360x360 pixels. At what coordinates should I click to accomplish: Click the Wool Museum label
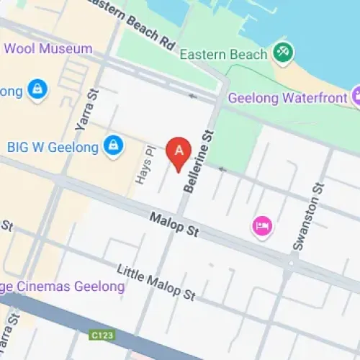coord(49,48)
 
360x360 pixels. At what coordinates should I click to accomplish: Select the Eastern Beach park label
coord(224,54)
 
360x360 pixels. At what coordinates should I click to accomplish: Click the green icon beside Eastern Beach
coord(282,53)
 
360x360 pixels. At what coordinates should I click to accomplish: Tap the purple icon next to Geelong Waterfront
coord(356,96)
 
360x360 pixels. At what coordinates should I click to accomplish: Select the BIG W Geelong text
coord(52,146)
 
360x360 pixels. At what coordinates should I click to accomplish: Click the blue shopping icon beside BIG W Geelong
coord(112,145)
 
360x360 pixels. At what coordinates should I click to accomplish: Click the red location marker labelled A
coord(179,150)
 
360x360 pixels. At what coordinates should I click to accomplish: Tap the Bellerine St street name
coord(199,163)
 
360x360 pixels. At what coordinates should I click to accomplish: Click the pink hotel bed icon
coord(262,226)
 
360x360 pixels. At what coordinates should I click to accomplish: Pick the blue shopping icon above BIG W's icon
coord(34,89)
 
